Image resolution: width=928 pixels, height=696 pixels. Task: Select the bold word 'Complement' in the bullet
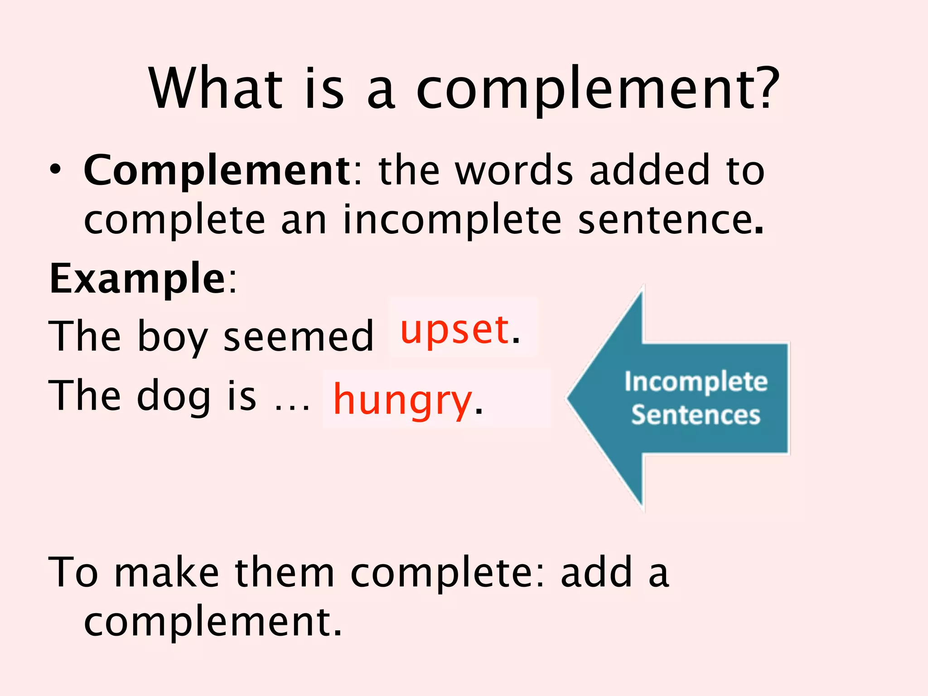click(x=217, y=171)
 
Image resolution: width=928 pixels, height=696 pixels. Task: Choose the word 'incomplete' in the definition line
click(x=452, y=220)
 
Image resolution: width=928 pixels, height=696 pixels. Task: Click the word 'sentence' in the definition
click(x=666, y=220)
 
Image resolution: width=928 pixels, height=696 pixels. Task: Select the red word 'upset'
click(x=454, y=330)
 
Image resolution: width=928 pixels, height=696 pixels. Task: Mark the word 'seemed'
click(x=299, y=336)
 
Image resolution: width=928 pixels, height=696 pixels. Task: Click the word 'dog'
click(x=174, y=396)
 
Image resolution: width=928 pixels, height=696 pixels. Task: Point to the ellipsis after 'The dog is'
click(x=293, y=406)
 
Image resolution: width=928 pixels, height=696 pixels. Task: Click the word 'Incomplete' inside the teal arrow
click(x=696, y=382)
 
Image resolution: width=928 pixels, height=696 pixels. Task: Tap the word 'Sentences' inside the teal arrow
click(x=696, y=415)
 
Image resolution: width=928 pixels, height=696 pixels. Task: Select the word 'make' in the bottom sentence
click(x=167, y=573)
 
